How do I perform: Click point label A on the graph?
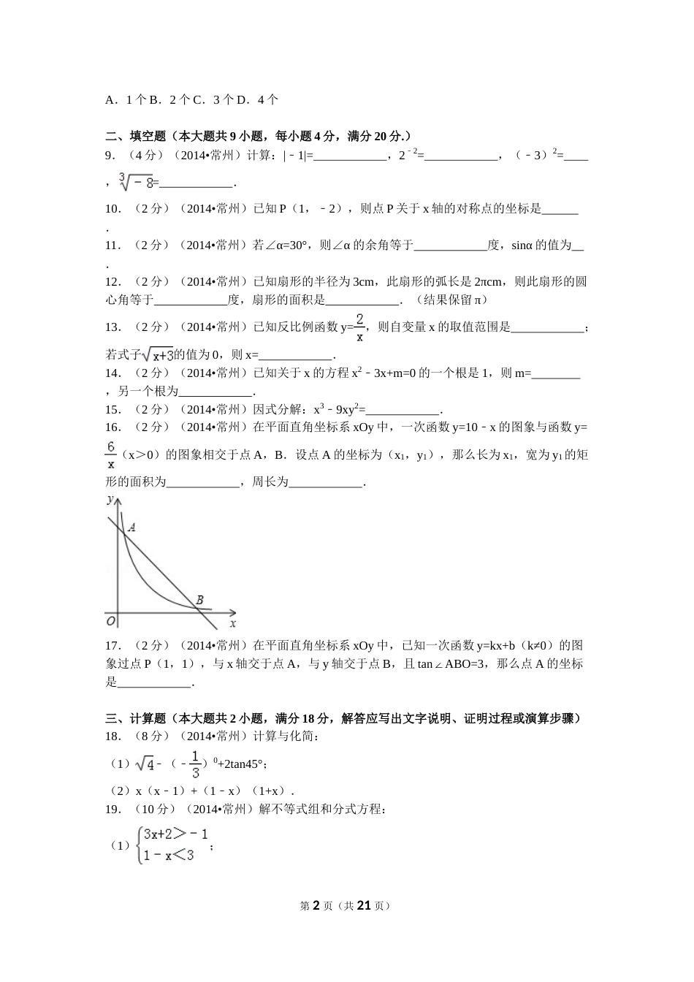131,527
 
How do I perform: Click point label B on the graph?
199,601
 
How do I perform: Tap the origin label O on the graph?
111,621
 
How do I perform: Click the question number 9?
110,155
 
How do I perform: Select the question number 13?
113,327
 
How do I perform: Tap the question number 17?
113,645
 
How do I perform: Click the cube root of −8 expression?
137,182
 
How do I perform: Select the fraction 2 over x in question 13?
359,327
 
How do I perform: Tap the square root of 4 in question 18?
145,764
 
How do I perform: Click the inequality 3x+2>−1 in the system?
175,834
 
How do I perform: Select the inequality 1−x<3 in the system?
169,856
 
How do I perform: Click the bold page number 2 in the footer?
316,905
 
